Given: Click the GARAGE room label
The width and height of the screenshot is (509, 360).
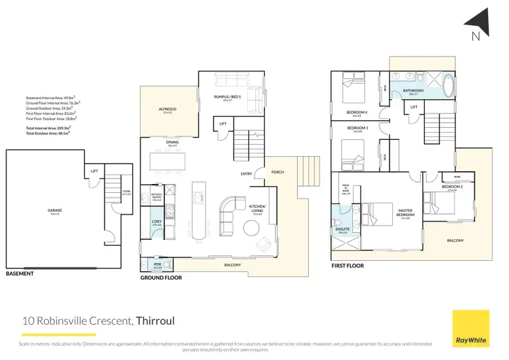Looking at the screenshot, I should click(x=55, y=211).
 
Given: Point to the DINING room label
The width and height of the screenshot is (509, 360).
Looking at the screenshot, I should click(x=172, y=142).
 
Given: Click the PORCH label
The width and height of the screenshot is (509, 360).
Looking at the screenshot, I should click(x=277, y=172).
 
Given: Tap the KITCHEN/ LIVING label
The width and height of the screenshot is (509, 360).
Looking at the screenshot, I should click(x=257, y=208).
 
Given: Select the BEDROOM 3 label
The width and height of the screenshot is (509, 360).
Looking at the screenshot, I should click(x=357, y=128).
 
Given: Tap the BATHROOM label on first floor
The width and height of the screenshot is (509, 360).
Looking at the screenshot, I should click(x=413, y=90).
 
